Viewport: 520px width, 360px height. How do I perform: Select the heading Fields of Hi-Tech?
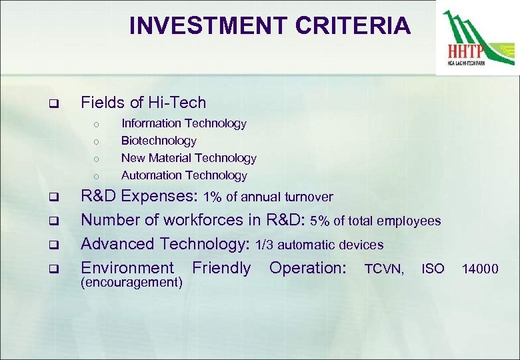(143, 103)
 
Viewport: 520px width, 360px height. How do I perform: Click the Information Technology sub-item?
(183, 123)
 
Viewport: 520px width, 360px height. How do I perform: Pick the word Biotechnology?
(159, 141)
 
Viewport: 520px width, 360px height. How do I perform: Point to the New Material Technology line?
(189, 158)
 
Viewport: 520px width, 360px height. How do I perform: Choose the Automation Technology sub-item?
(184, 175)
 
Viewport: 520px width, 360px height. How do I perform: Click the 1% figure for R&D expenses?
(213, 197)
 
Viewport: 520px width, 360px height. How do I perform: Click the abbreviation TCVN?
(383, 269)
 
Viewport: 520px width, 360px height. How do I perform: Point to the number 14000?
(481, 269)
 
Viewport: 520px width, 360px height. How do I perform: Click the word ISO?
(433, 269)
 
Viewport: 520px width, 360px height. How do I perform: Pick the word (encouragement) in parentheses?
(131, 283)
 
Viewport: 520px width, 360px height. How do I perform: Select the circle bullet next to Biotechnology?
(97, 141)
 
